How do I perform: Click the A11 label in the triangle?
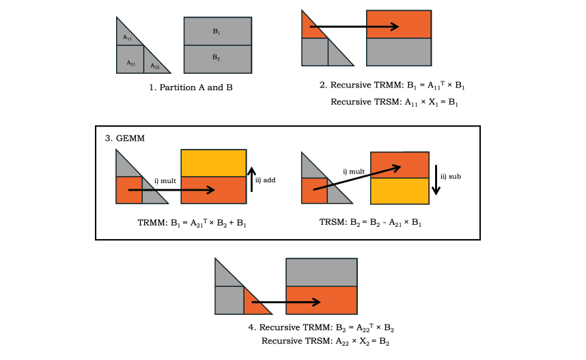tap(126, 38)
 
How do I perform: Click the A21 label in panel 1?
tap(130, 63)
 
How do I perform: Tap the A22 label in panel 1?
tap(155, 66)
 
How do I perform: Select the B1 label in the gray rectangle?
tap(216, 31)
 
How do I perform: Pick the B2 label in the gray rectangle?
tap(216, 59)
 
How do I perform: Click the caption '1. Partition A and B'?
tap(186, 87)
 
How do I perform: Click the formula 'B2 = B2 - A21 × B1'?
tap(370, 223)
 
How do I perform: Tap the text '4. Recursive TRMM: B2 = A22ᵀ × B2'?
tap(321, 327)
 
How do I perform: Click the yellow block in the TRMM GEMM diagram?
tap(213, 163)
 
